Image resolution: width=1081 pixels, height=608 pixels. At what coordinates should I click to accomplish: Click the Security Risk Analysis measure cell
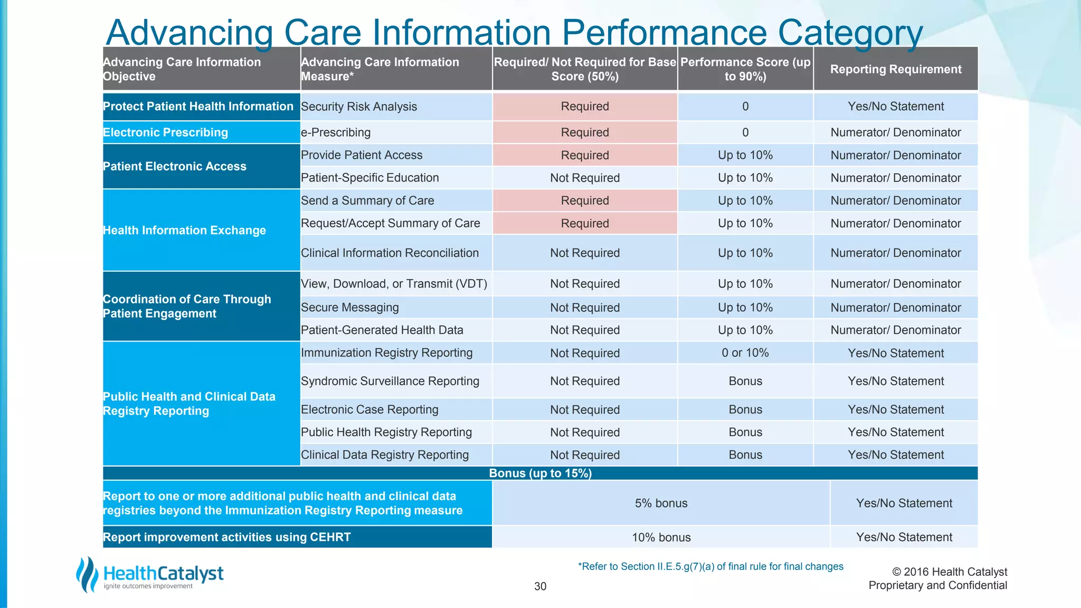[x=359, y=107]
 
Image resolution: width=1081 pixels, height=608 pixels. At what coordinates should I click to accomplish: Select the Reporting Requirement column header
[x=896, y=69]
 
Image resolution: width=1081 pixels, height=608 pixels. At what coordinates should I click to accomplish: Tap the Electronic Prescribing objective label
[x=165, y=132]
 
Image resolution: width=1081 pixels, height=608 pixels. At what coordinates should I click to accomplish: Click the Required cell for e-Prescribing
[x=585, y=132]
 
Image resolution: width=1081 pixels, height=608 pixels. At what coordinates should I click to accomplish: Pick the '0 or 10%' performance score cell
[x=745, y=353]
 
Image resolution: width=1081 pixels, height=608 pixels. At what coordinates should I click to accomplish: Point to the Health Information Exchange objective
[x=184, y=231]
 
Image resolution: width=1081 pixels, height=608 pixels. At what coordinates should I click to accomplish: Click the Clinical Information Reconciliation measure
[x=390, y=253]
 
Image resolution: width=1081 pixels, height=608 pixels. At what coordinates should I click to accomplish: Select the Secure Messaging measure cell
[x=349, y=308]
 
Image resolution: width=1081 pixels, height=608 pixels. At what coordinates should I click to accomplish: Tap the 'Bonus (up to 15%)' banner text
[x=540, y=473]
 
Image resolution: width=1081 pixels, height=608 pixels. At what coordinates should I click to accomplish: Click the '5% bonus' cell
[x=661, y=503]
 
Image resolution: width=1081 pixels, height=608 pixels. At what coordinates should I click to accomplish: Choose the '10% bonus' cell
[x=661, y=537]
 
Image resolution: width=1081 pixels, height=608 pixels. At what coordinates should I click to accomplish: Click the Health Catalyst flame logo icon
[x=87, y=574]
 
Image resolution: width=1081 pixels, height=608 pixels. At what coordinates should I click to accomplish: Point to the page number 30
[x=540, y=586]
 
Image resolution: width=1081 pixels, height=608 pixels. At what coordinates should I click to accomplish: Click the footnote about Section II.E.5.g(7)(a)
[x=710, y=567]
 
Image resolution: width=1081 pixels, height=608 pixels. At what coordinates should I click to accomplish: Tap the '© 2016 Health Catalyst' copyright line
[x=949, y=572]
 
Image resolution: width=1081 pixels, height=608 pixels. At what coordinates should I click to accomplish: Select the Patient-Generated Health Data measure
[x=382, y=330]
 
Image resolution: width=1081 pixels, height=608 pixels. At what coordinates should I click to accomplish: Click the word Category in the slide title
[x=850, y=33]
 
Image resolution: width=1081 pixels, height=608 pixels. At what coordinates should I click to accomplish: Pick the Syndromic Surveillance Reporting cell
[x=390, y=381]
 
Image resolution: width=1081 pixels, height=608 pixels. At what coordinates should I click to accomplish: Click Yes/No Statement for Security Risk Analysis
[x=896, y=107]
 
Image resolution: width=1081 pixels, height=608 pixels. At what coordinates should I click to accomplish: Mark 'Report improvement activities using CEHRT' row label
[x=226, y=537]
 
